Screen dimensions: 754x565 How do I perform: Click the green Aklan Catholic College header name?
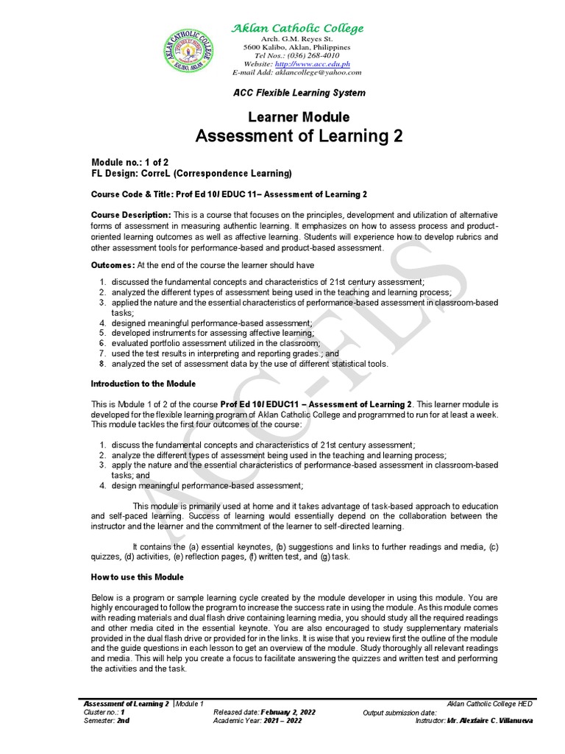(297, 29)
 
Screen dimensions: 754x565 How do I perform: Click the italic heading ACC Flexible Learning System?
(299, 93)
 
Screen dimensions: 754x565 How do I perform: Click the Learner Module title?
(298, 117)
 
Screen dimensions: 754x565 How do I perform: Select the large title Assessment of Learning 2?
(298, 136)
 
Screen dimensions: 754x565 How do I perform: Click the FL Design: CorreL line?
(191, 173)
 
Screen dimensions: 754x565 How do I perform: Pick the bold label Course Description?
(130, 214)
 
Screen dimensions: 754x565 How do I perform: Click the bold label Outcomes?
(113, 265)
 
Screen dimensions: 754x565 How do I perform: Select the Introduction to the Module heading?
(143, 384)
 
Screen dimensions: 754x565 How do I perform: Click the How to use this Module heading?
(137, 577)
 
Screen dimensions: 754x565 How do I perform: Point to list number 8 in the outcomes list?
(104, 364)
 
